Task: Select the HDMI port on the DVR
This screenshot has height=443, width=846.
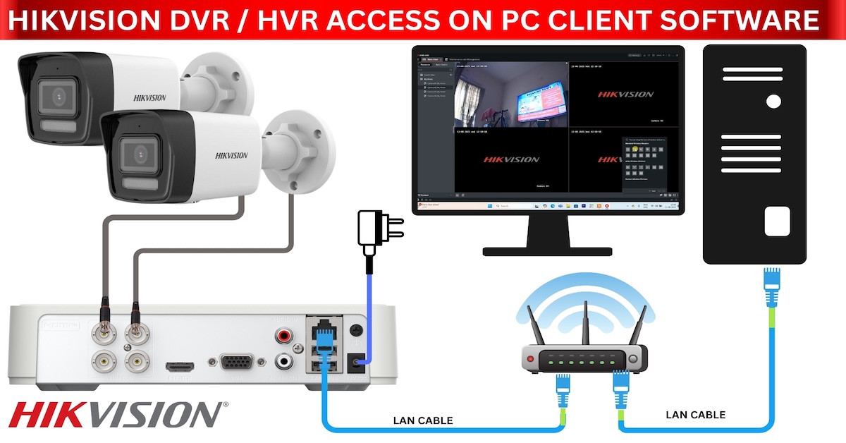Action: coord(180,368)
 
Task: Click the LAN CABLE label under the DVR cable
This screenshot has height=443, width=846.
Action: coord(423,421)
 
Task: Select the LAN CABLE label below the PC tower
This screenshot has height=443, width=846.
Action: coord(695,415)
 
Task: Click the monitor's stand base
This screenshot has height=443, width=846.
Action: coord(547,250)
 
